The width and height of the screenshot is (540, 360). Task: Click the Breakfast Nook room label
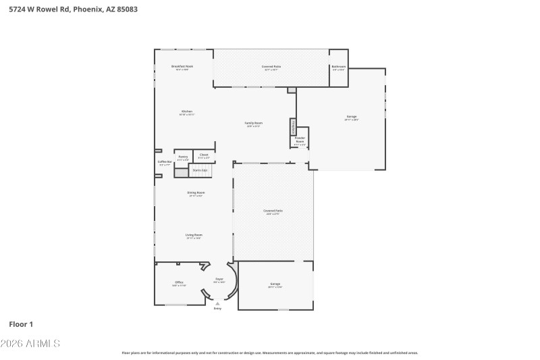[182, 66]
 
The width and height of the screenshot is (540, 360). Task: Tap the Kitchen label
[186, 111]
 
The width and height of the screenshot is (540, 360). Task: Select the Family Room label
[254, 123]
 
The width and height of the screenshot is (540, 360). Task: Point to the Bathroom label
[338, 66]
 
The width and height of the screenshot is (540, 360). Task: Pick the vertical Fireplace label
[293, 126]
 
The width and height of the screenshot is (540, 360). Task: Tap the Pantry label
[183, 156]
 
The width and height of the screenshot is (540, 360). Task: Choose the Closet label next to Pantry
[204, 155]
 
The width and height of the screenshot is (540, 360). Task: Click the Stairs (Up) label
[200, 171]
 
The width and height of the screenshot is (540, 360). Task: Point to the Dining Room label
[196, 192]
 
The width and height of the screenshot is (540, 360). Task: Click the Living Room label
[194, 235]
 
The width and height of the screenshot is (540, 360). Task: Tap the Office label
[179, 282]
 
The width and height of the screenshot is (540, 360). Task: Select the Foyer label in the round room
[219, 279]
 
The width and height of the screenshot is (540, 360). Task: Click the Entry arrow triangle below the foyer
[217, 303]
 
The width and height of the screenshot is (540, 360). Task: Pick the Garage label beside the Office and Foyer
[275, 284]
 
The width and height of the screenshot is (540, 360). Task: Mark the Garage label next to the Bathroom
[352, 117]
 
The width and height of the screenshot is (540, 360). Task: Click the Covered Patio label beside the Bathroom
[271, 66]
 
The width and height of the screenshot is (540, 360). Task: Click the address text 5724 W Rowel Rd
[40, 9]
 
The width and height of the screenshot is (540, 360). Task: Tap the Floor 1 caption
[21, 324]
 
